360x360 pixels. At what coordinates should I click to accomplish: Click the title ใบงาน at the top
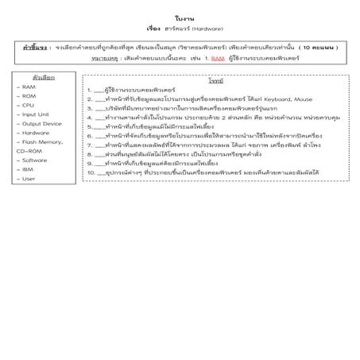pyautogui.click(x=180, y=17)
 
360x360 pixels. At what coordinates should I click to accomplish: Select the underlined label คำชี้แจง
pyautogui.click(x=37, y=48)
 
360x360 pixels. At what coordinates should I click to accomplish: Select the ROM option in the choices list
pyautogui.click(x=29, y=95)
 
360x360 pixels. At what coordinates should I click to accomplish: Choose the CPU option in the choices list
pyautogui.click(x=28, y=105)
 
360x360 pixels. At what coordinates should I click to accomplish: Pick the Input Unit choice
pyautogui.click(x=35, y=114)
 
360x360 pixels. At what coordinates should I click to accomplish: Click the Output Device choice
pyautogui.click(x=41, y=123)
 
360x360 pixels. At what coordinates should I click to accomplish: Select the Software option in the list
pyautogui.click(x=34, y=160)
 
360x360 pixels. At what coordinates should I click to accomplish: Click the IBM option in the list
pyautogui.click(x=27, y=169)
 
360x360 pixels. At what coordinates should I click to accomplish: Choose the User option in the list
pyautogui.click(x=28, y=179)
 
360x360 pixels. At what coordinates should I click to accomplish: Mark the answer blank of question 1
pyautogui.click(x=99, y=91)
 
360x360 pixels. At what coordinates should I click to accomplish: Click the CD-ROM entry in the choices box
pyautogui.click(x=30, y=150)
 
